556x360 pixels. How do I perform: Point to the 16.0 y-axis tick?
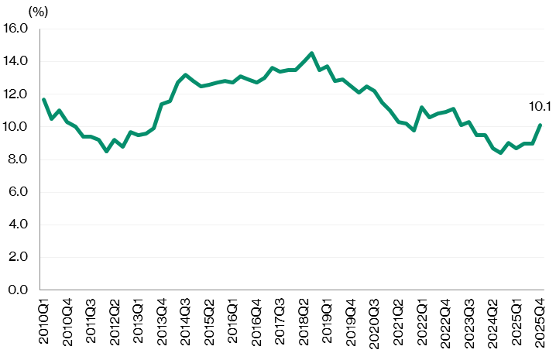tap(15, 29)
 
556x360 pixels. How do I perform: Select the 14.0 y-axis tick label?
tap(15, 61)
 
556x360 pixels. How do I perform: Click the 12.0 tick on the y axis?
tap(15, 94)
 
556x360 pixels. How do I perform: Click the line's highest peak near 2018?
tap(311, 53)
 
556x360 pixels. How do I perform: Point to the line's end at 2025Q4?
tap(540, 125)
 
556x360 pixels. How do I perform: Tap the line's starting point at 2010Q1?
tap(43, 100)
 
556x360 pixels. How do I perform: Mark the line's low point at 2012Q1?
tap(107, 151)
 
